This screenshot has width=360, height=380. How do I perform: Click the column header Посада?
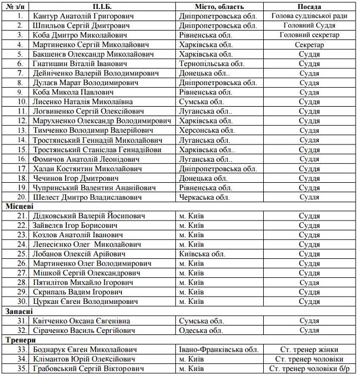click(x=309, y=6)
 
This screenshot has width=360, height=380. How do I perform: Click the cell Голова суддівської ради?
click(x=309, y=16)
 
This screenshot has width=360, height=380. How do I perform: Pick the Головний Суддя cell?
click(x=309, y=26)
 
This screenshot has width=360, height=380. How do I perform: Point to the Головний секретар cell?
click(x=309, y=35)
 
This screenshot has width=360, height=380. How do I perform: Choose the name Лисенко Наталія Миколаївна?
click(x=83, y=102)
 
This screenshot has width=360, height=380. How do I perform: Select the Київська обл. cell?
click(x=202, y=254)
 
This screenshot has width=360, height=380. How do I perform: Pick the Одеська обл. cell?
click(x=201, y=331)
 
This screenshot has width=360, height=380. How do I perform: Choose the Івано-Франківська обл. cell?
click(x=219, y=349)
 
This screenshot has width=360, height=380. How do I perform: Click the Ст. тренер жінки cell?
click(x=309, y=349)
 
